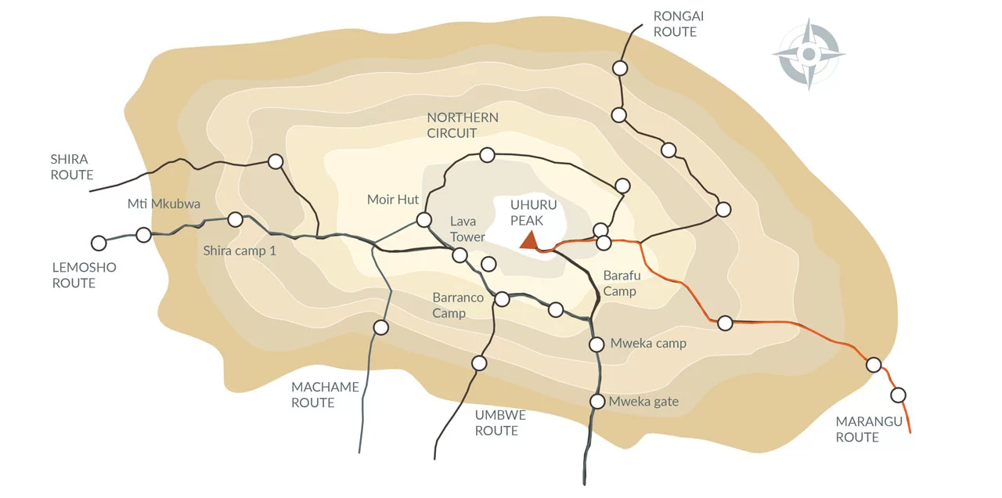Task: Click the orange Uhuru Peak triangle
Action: tap(530, 241)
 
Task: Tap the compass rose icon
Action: tap(809, 54)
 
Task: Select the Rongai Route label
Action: tap(675, 24)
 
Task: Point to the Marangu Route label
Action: tap(869, 429)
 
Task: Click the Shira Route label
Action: tap(72, 167)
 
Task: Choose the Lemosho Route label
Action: tap(84, 275)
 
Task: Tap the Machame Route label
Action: tap(325, 395)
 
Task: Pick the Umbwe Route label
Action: tap(500, 423)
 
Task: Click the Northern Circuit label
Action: tap(462, 125)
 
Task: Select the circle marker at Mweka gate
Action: tap(597, 402)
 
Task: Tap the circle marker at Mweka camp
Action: tap(597, 344)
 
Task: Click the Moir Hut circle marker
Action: tap(424, 219)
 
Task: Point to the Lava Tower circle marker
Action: tap(460, 254)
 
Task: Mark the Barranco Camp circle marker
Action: tap(503, 299)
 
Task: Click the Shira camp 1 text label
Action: tap(240, 251)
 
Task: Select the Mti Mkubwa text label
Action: tap(164, 204)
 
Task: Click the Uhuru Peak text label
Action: tap(533, 212)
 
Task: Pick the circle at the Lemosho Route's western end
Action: tap(99, 243)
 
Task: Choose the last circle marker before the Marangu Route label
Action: tap(898, 395)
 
